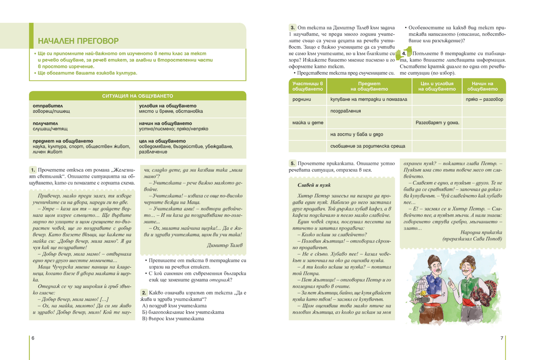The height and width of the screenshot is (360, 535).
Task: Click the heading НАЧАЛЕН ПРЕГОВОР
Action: pos(78,41)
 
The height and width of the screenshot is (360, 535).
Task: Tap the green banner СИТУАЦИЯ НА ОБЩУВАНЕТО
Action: pos(137,96)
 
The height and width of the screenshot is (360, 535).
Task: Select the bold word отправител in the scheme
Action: pos(45,106)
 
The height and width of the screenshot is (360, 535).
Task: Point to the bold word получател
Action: pos(45,123)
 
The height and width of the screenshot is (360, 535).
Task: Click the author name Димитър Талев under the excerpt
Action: pos(225,245)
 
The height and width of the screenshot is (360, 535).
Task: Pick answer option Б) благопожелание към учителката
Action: pos(183,312)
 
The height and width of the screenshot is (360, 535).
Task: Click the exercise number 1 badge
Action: pos(33,170)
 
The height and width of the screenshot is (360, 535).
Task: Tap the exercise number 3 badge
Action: pos(292,28)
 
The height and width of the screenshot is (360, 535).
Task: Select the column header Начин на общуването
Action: pos(483,86)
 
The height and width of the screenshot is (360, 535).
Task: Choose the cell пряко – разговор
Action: pos(484,99)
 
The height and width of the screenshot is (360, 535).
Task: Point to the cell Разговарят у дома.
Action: pos(437,123)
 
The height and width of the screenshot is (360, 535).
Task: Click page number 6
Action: pos(33,338)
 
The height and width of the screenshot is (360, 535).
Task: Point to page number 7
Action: pos(502,338)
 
